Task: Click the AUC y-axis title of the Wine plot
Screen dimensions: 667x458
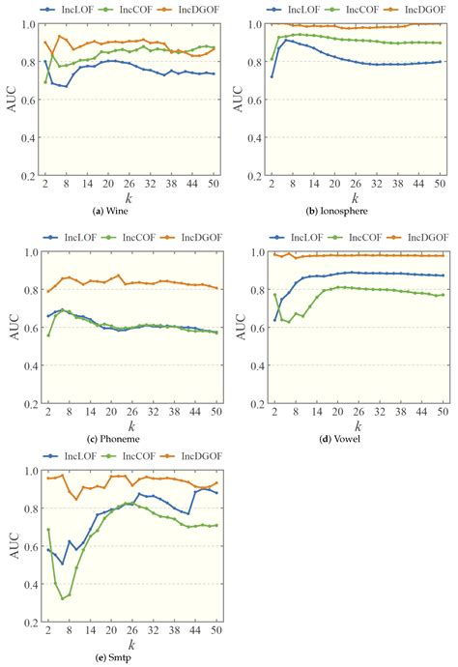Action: coord(10,101)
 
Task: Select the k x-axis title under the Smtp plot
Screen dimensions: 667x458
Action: coord(130,646)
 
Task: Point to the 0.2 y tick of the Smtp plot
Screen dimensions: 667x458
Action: coord(30,622)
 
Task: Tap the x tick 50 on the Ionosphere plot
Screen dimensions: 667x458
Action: coord(441,184)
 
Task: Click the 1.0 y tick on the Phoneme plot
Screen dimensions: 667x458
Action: coord(30,252)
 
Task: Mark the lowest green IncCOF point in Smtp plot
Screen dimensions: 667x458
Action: coord(64,598)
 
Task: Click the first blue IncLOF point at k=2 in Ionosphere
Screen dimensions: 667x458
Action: coord(273,76)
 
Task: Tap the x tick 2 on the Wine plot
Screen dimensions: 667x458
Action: coord(46,184)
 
